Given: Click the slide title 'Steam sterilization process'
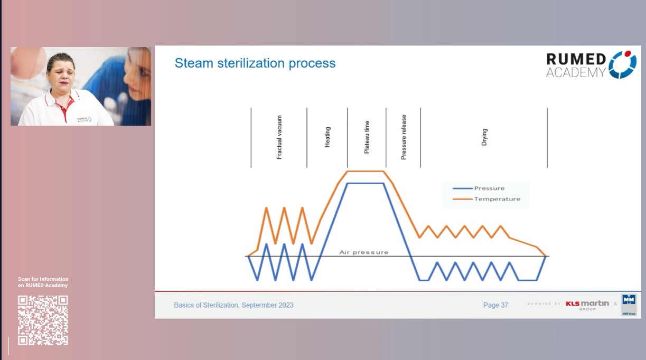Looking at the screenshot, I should [255, 63].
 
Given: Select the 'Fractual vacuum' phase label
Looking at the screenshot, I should [279, 137].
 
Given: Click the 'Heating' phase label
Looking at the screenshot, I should [327, 137].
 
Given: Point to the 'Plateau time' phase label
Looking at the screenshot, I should [367, 137].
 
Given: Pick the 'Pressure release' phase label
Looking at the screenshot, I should [404, 137].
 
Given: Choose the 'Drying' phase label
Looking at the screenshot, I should [484, 137].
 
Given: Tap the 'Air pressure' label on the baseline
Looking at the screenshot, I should [363, 252].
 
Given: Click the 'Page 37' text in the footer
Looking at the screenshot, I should [495, 305].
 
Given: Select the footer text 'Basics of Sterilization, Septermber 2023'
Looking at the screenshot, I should [233, 305].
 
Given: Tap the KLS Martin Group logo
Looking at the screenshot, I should [587, 305].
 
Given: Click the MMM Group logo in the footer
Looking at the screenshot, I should [629, 305].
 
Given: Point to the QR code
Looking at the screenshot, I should [43, 320].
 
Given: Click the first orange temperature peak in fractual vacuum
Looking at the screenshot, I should [266, 208].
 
